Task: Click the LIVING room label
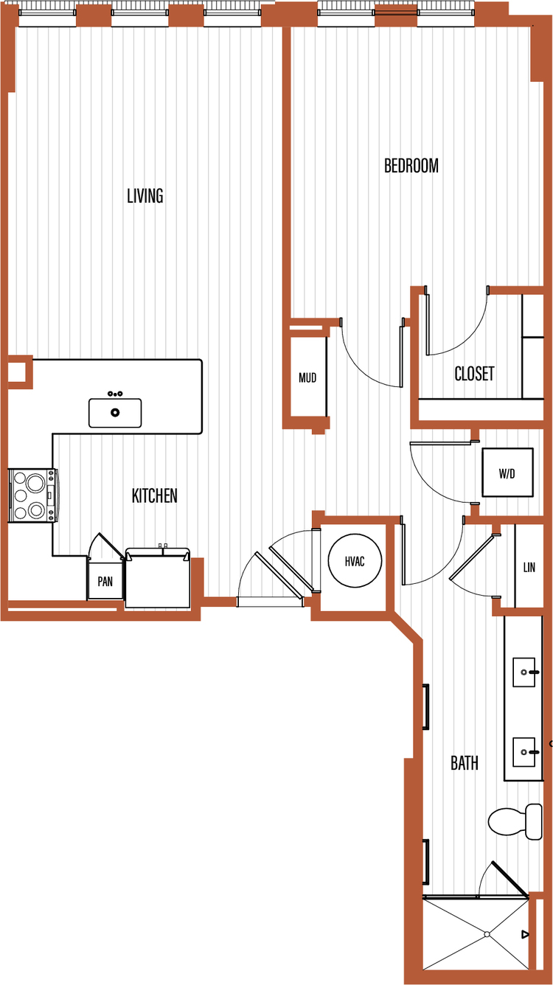pyautogui.click(x=145, y=196)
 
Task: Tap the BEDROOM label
pyautogui.click(x=411, y=166)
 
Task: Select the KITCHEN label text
pyautogui.click(x=154, y=495)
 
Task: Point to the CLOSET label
pyautogui.click(x=474, y=374)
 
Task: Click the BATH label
pyautogui.click(x=465, y=763)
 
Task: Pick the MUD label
pyautogui.click(x=307, y=377)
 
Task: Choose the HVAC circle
pyautogui.click(x=355, y=560)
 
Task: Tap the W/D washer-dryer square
pyautogui.click(x=508, y=473)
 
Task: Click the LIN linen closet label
pyautogui.click(x=529, y=567)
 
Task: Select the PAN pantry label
pyautogui.click(x=105, y=581)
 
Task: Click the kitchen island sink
pyautogui.click(x=115, y=412)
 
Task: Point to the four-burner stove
pyautogui.click(x=33, y=495)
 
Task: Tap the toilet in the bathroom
pyautogui.click(x=515, y=821)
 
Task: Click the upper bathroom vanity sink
pyautogui.click(x=525, y=672)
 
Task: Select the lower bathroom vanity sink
pyautogui.click(x=525, y=752)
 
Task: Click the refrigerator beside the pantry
pyautogui.click(x=158, y=577)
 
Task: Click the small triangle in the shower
pyautogui.click(x=525, y=934)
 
